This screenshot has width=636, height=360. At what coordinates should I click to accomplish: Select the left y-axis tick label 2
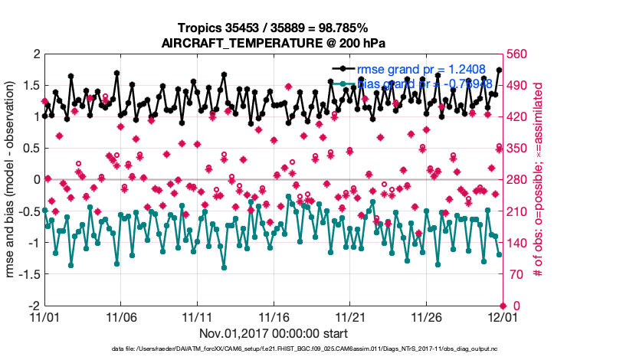click(x=34, y=54)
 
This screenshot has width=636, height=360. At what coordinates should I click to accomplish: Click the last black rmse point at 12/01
click(x=499, y=70)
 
